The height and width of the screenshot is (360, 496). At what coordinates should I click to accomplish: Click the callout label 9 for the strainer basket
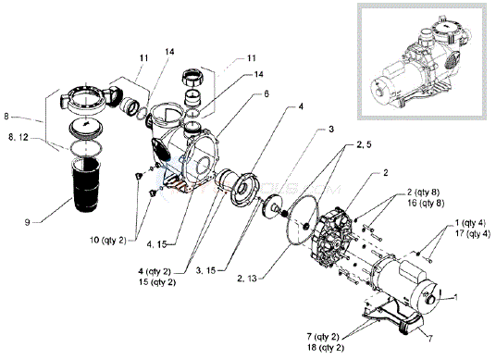(x=28, y=222)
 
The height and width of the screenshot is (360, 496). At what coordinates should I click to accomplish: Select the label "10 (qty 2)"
(x=108, y=241)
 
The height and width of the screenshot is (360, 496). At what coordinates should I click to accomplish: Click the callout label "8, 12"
(x=19, y=137)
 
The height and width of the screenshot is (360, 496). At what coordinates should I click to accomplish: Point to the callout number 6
(x=267, y=94)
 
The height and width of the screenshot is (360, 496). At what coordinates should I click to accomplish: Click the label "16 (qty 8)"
(x=426, y=203)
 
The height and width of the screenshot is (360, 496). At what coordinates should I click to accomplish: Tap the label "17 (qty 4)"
(x=472, y=234)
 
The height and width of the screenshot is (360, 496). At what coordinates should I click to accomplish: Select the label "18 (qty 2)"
(x=325, y=347)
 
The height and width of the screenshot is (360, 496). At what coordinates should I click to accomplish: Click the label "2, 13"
(x=246, y=278)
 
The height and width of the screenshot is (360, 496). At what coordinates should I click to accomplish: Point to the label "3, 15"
(x=205, y=270)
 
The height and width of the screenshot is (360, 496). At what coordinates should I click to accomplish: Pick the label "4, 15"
(x=157, y=244)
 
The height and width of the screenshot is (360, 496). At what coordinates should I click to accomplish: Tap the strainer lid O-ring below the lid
(x=86, y=149)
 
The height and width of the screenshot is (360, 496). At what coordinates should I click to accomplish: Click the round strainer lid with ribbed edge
(x=86, y=127)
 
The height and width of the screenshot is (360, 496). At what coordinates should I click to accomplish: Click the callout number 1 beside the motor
(x=455, y=297)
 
